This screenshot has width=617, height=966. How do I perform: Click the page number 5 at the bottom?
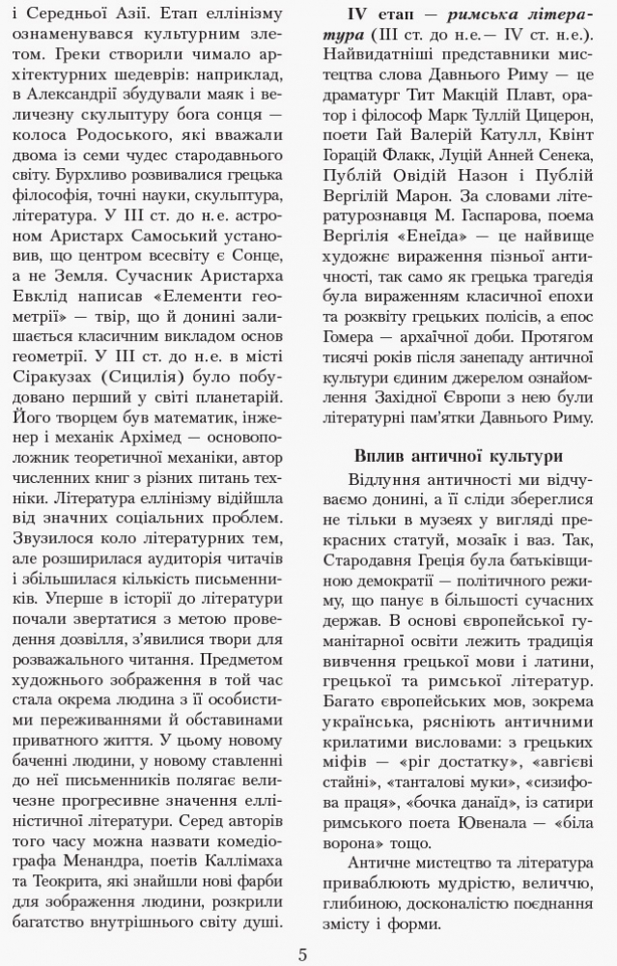[x=303, y=955]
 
